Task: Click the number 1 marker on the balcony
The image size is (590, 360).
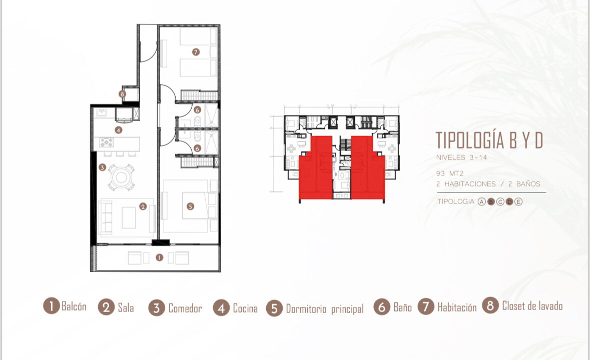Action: [160, 257]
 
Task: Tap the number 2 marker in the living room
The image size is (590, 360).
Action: [143, 206]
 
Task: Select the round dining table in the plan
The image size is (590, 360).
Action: [121, 177]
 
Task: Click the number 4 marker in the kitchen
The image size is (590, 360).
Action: [119, 130]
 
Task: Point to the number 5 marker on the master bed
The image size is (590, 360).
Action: [190, 206]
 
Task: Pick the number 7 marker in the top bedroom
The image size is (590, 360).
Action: [196, 52]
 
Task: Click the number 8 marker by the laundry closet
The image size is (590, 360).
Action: [122, 94]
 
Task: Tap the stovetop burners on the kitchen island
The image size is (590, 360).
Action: [107, 142]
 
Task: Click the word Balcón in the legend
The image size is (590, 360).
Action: [74, 306]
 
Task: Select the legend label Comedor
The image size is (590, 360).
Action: [185, 308]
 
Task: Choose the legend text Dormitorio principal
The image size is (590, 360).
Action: [325, 309]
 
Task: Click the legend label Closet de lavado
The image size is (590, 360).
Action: [532, 306]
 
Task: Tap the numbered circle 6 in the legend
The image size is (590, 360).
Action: [382, 307]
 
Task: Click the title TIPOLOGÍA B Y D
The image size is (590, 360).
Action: [489, 140]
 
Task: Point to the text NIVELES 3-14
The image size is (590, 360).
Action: [462, 157]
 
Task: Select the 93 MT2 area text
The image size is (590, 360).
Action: [450, 173]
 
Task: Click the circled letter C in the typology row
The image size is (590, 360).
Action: [500, 202]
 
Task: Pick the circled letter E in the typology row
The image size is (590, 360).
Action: [518, 202]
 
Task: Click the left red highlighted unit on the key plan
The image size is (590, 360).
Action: [316, 167]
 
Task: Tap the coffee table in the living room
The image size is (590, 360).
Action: [129, 217]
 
